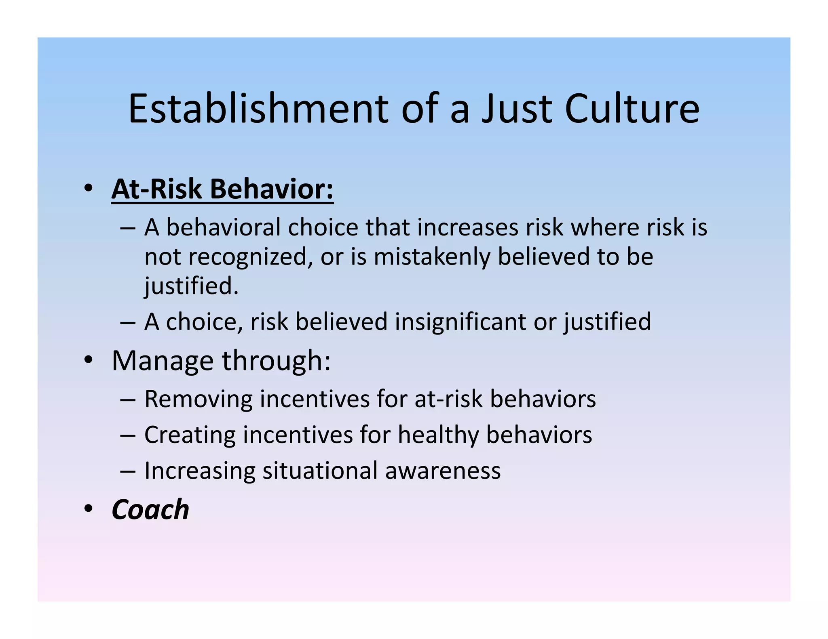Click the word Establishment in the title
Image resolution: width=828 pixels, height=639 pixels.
(258, 109)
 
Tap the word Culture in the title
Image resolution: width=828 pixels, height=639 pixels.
(632, 109)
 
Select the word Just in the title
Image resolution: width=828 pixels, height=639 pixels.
(516, 109)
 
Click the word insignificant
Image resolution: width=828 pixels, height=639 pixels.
(460, 322)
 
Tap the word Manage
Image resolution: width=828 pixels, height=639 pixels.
(163, 361)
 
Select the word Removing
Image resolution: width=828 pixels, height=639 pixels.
(198, 399)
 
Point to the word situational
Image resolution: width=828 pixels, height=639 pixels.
(320, 471)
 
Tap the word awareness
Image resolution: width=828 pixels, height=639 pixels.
(443, 471)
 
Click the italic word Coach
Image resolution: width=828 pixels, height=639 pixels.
(150, 510)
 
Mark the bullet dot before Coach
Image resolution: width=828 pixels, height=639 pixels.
(88, 509)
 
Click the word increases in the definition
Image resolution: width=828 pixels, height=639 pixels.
(468, 227)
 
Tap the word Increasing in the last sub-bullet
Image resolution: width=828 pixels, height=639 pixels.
(200, 471)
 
